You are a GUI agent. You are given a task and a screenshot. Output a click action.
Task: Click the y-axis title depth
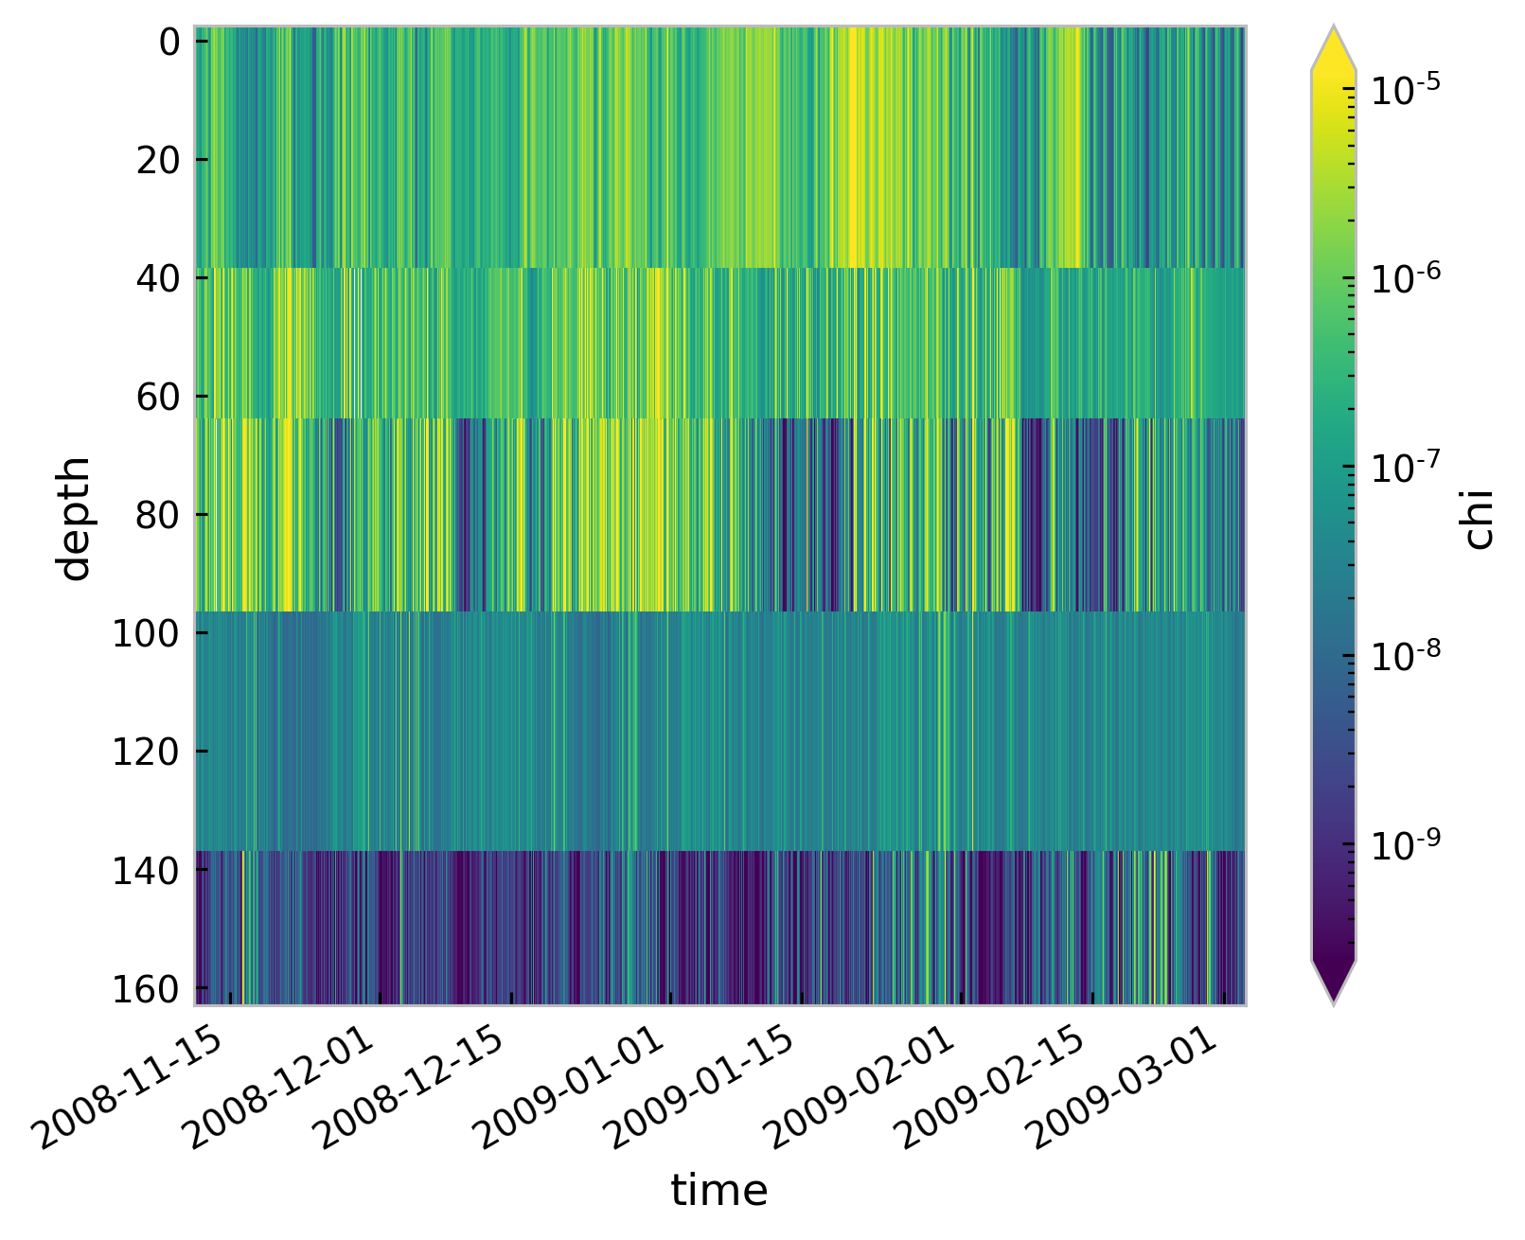point(74,517)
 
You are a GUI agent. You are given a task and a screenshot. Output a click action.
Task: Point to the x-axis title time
point(719,1190)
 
